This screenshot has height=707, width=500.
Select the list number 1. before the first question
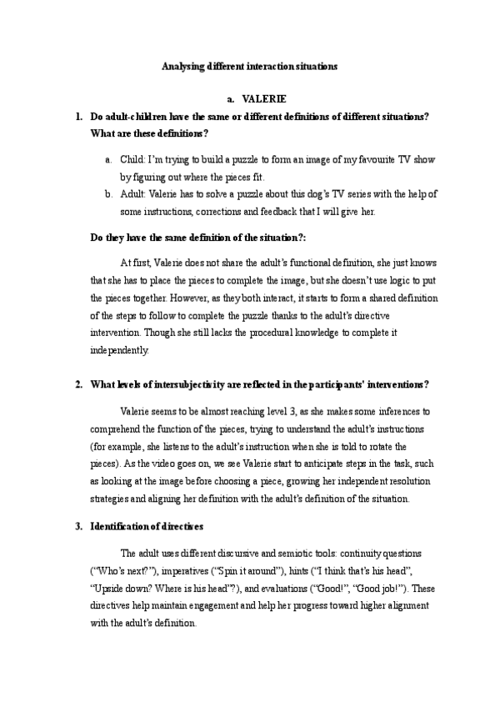tap(77, 117)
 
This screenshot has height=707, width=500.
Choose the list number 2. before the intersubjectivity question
tap(77, 384)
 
